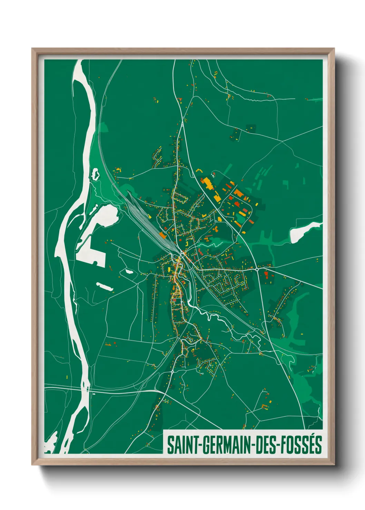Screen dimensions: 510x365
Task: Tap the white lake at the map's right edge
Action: tap(302, 233)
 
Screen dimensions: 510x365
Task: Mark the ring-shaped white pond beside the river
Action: tap(95, 174)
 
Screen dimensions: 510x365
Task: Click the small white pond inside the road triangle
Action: tap(129, 272)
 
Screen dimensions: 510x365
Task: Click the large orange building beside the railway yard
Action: tap(162, 235)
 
